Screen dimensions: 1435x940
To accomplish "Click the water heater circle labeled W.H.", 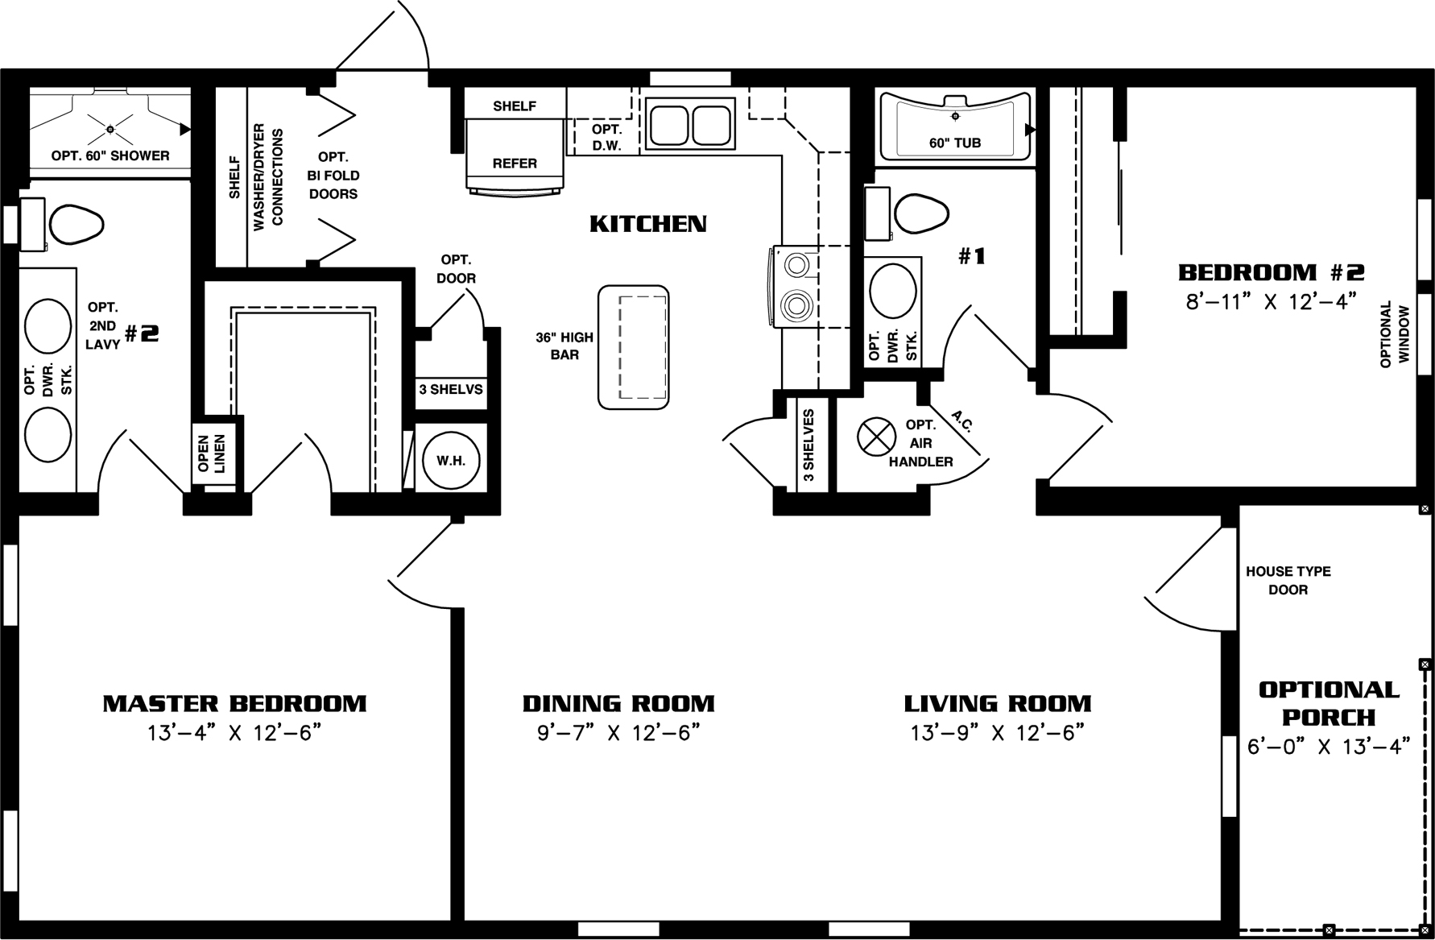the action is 451,461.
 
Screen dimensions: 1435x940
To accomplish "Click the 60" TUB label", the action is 954,143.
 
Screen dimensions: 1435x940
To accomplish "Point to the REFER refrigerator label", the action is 515,163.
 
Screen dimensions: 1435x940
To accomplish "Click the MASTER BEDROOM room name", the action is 234,703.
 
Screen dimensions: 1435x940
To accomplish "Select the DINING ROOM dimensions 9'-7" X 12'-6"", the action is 618,733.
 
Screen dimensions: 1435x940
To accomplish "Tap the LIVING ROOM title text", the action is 997,703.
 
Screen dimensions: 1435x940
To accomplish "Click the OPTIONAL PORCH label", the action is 1329,702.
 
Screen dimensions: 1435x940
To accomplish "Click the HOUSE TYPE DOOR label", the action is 1288,580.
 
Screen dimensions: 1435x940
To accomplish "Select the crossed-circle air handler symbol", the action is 876,437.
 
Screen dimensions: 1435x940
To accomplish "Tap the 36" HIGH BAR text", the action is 564,346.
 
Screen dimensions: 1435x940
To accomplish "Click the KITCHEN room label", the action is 648,223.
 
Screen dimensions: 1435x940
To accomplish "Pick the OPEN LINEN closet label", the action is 213,453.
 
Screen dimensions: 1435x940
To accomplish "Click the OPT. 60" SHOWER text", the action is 110,155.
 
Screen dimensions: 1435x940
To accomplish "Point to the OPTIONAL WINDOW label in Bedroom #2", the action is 1395,334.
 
